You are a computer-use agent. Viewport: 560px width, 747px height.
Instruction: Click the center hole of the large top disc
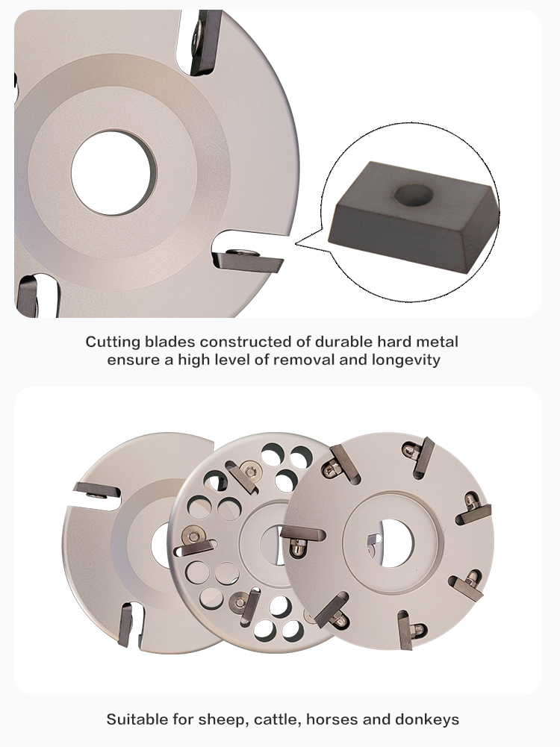pyautogui.click(x=113, y=173)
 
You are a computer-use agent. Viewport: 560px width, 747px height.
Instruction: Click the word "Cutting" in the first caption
pyautogui.click(x=113, y=342)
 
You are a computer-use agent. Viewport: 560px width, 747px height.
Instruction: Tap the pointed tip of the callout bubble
pyautogui.click(x=295, y=243)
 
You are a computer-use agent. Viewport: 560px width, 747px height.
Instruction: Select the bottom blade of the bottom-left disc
pyautogui.click(x=126, y=625)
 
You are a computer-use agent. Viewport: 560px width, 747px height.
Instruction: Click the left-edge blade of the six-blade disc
pyautogui.click(x=302, y=534)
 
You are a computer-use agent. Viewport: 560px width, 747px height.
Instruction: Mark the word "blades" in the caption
pyautogui.click(x=170, y=342)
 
